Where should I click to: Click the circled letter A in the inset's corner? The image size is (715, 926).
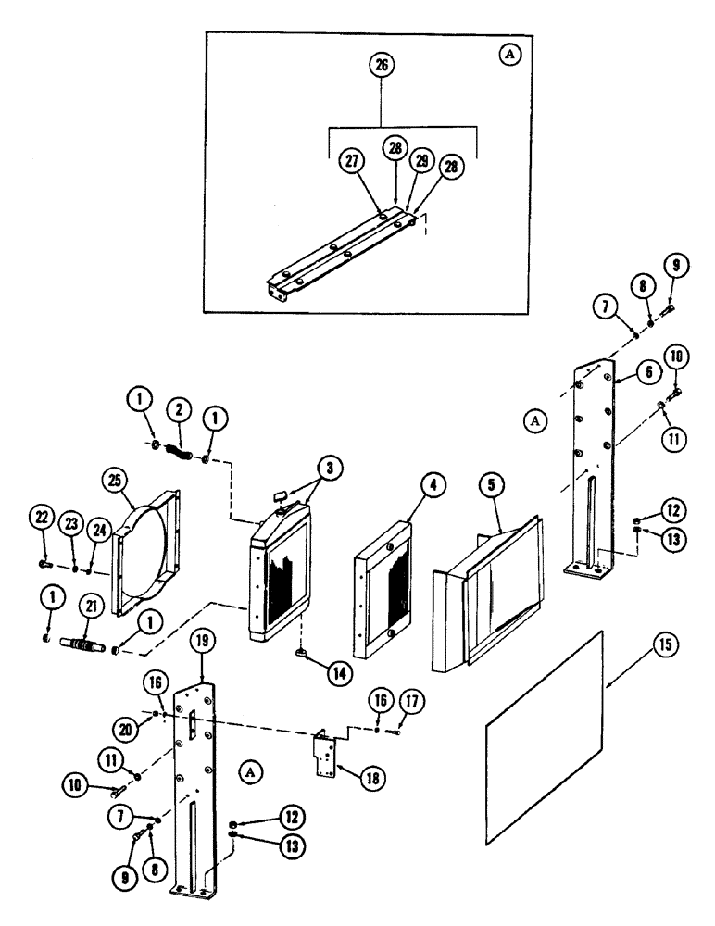508,55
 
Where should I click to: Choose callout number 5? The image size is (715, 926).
488,485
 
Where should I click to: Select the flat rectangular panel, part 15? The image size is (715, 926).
546,736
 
